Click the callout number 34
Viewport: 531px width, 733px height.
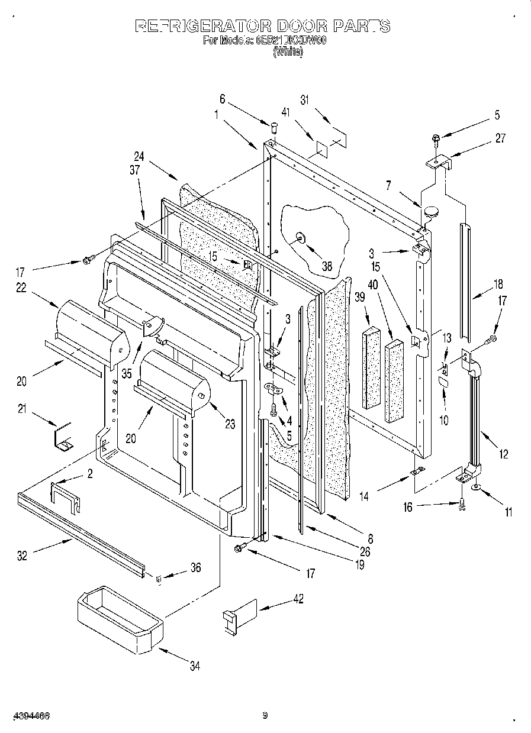click(195, 666)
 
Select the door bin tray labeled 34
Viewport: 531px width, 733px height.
click(119, 618)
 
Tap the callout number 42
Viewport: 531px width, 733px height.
click(298, 599)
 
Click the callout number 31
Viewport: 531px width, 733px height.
click(305, 100)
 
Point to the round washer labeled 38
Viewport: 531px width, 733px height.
click(301, 238)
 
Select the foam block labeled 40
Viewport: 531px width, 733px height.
click(394, 382)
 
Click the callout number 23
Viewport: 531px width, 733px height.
click(230, 424)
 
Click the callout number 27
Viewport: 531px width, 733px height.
click(500, 138)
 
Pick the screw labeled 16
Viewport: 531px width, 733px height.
click(462, 503)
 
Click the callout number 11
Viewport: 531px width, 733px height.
click(507, 512)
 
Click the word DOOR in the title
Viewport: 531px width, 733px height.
click(296, 25)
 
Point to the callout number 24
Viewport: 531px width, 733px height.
click(139, 157)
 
